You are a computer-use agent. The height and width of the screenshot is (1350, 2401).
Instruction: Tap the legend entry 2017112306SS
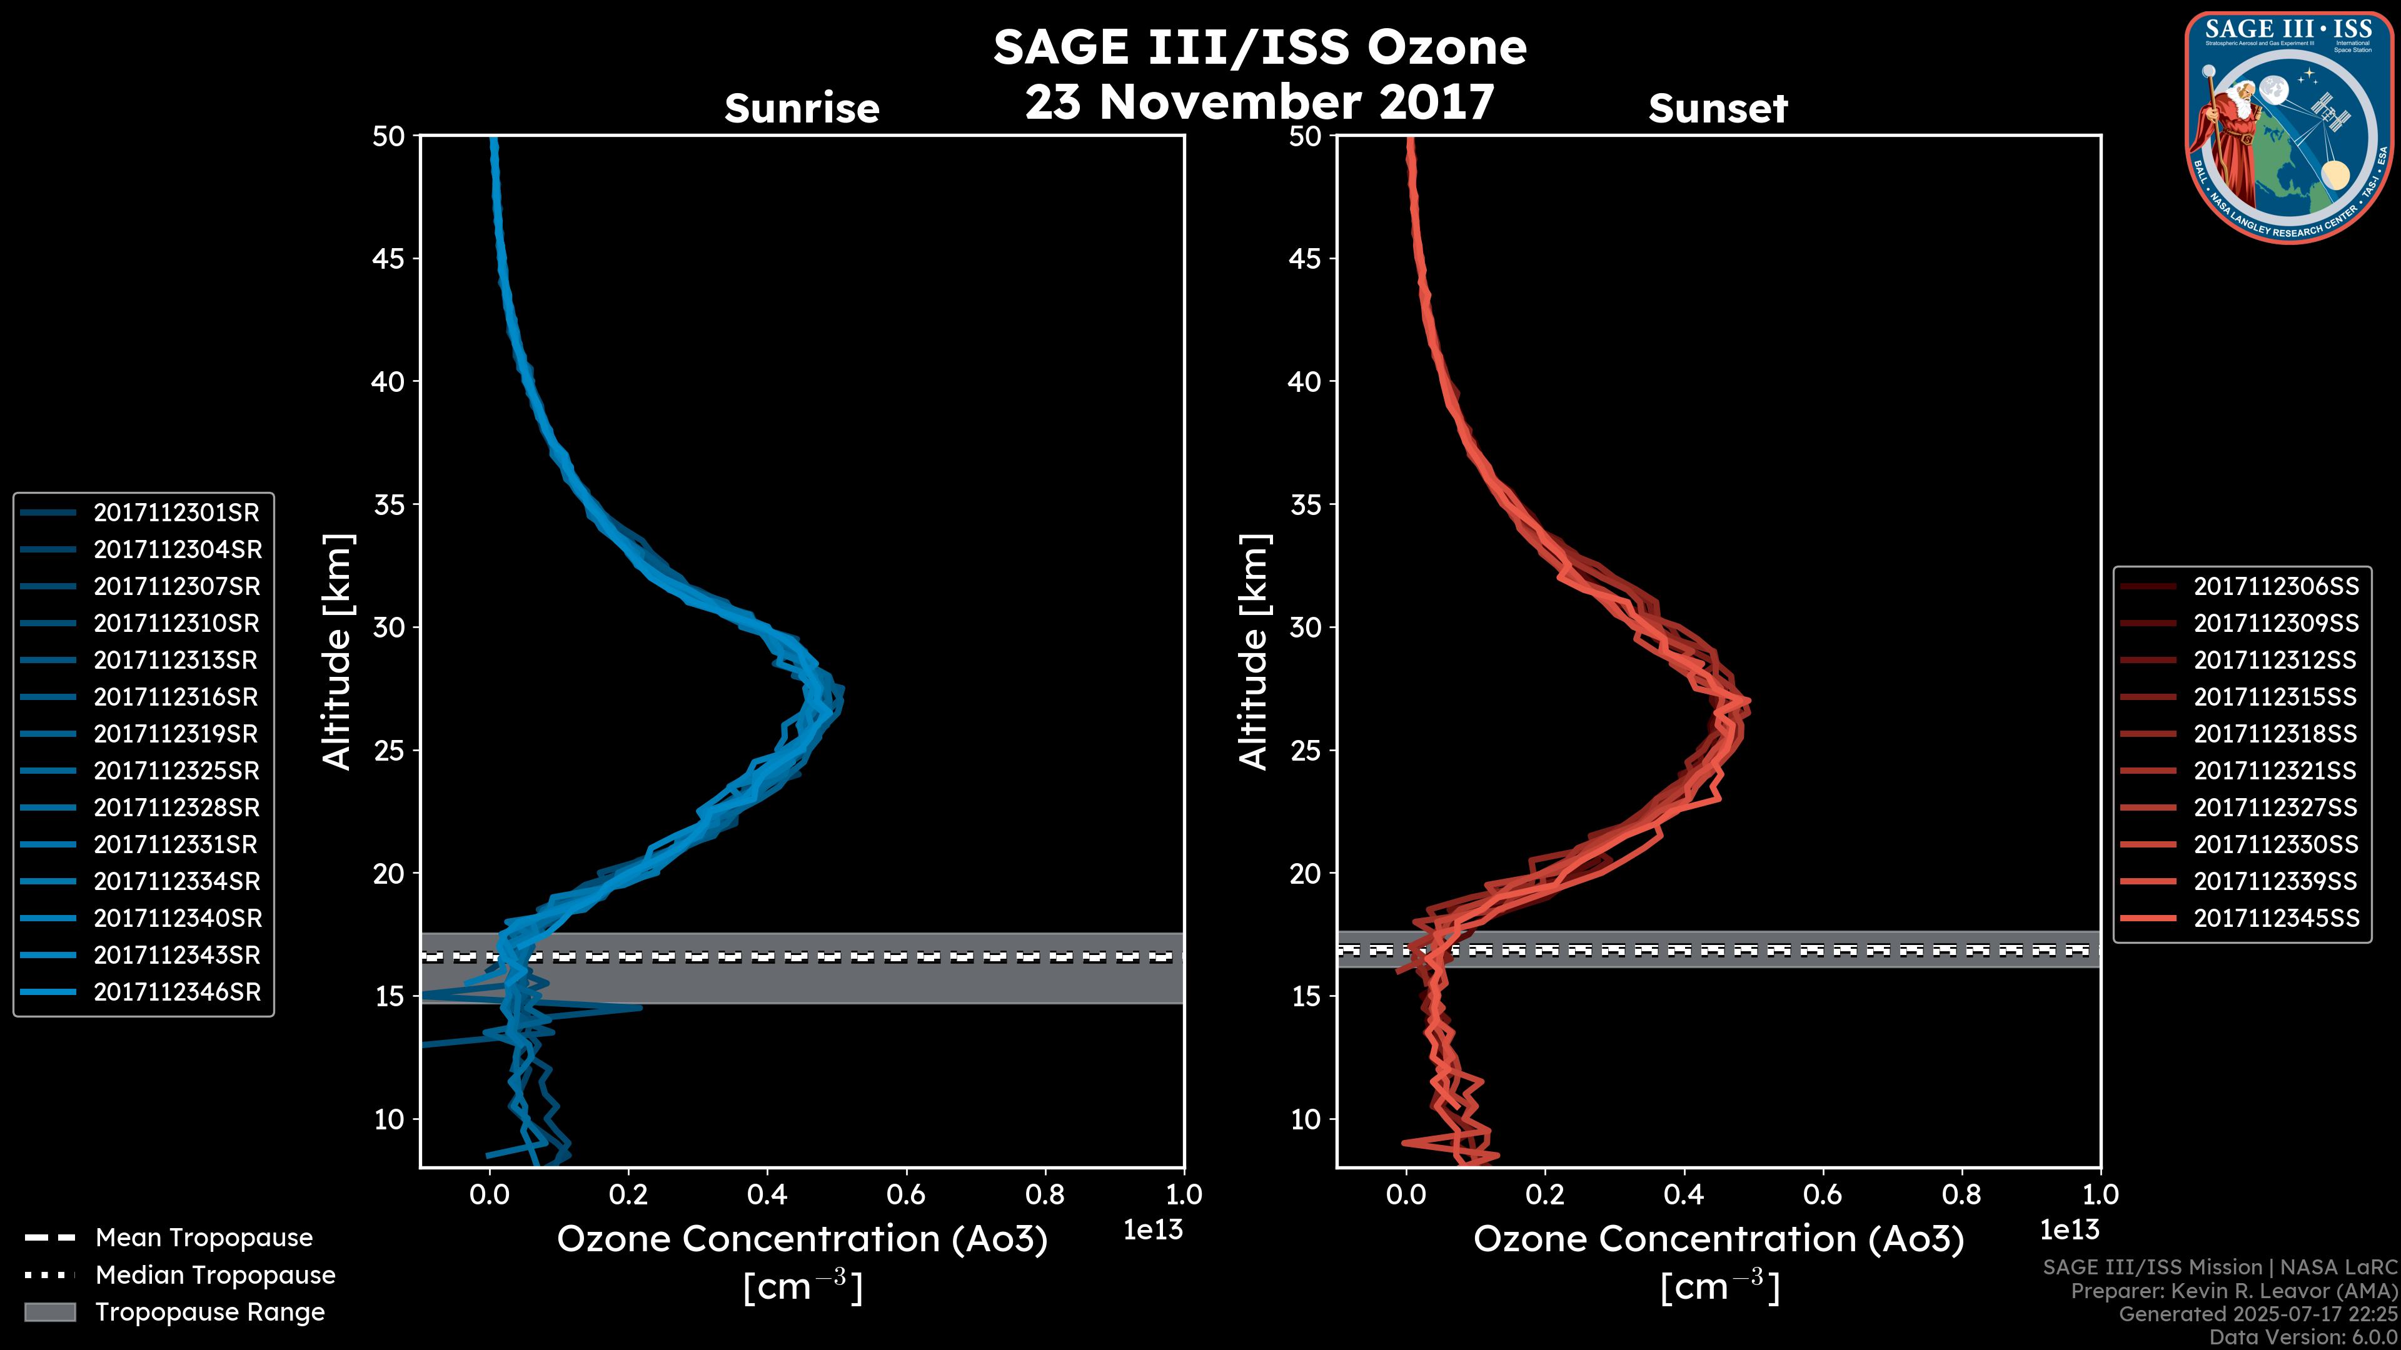click(x=2275, y=586)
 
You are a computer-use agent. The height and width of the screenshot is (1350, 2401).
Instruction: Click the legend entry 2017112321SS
click(x=2275, y=771)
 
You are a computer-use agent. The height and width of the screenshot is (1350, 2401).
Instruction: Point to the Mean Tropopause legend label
click(x=203, y=1237)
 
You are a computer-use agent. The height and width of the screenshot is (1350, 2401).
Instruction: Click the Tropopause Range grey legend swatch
click(x=50, y=1312)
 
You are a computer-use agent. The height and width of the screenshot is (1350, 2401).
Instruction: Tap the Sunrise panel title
click(x=802, y=108)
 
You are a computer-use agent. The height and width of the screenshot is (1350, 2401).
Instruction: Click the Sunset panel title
click(x=1718, y=108)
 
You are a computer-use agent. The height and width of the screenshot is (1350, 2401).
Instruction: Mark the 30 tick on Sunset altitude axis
click(x=1306, y=627)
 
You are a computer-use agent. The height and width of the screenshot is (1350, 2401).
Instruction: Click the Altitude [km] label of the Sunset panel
click(x=1254, y=652)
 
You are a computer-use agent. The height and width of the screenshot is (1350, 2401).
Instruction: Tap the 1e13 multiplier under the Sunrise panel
click(x=1153, y=1230)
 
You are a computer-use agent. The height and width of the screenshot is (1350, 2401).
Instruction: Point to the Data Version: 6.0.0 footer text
click(x=2302, y=1337)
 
